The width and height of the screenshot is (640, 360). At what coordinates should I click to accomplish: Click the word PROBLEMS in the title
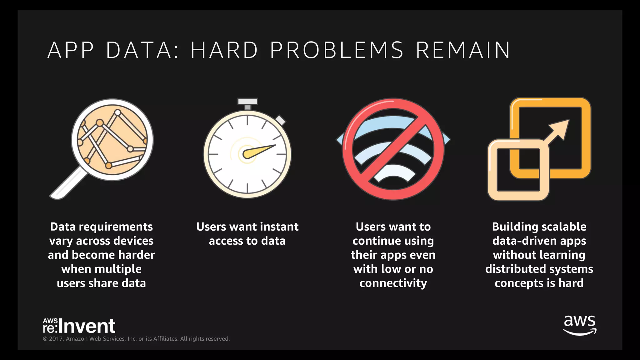click(x=337, y=50)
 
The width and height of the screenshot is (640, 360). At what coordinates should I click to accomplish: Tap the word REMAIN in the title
click(x=463, y=50)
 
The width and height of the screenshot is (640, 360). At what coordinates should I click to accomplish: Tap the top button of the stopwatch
click(x=247, y=102)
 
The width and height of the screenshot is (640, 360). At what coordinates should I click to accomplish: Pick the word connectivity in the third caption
click(x=393, y=283)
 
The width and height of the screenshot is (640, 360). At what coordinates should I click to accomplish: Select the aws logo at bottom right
click(x=580, y=325)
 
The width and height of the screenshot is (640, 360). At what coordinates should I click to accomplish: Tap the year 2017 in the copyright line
click(x=56, y=339)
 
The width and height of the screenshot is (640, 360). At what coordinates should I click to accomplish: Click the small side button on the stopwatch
click(x=280, y=120)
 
